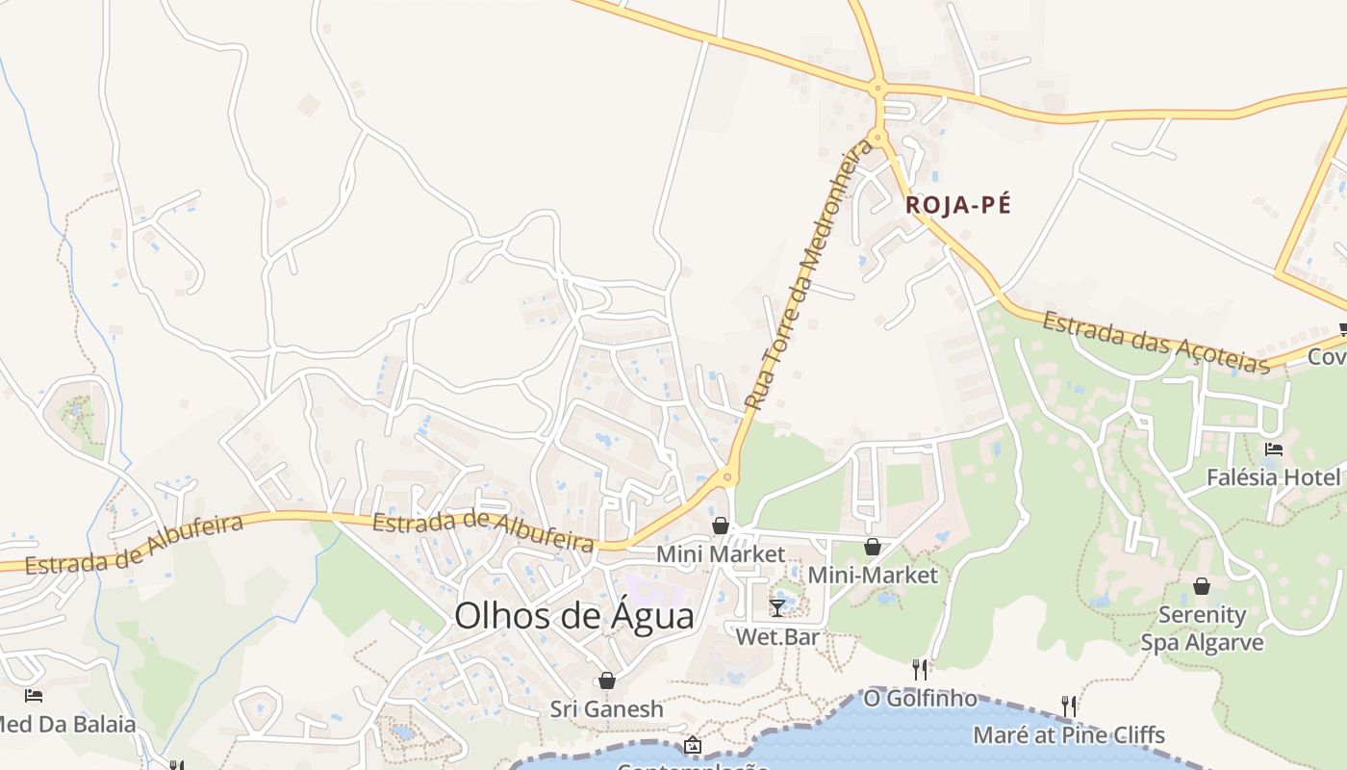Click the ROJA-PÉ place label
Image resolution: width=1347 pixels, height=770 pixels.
click(958, 205)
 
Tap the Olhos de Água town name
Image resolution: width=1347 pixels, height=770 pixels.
click(573, 616)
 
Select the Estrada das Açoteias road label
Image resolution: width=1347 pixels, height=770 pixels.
click(1156, 343)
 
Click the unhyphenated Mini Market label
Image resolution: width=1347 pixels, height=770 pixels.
click(721, 554)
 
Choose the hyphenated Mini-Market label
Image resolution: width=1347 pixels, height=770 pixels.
click(873, 576)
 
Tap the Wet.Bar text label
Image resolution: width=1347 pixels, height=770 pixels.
click(777, 637)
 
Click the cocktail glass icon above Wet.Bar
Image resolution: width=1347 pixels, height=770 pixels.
click(777, 607)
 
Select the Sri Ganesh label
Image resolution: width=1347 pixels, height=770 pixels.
click(607, 709)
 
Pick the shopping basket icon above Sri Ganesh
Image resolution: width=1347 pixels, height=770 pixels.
click(607, 680)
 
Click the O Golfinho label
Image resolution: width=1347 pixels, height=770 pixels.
click(920, 698)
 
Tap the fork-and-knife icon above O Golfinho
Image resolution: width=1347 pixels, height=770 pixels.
click(920, 669)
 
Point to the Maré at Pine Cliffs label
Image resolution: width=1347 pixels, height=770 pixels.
click(1069, 735)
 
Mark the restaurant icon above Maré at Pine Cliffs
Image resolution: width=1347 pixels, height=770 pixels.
click(1069, 706)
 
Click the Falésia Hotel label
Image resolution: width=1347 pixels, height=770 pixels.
click(1273, 477)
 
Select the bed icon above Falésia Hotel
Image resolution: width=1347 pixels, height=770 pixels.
click(1274, 449)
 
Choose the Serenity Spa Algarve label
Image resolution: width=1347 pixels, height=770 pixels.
click(1202, 629)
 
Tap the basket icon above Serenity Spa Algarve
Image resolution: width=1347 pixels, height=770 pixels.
click(1202, 585)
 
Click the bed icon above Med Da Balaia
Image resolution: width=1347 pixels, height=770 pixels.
click(34, 695)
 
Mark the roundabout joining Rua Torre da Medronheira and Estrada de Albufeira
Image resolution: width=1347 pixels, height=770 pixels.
click(726, 475)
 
